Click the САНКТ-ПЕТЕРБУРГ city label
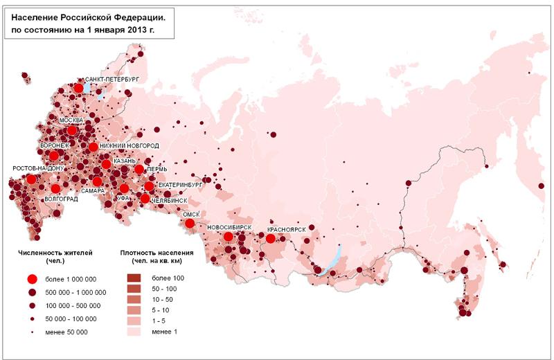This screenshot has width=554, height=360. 111,80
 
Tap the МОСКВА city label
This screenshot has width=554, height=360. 71,120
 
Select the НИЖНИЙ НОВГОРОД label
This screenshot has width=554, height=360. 129,146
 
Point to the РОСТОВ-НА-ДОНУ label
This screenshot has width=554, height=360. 38,168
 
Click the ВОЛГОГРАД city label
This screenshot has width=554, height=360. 60,199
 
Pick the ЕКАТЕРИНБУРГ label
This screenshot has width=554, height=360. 180,186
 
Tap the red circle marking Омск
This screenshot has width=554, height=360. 189,223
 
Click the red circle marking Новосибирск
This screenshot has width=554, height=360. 228,237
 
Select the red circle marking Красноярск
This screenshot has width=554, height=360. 271,238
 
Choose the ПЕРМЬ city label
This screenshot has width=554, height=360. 157,169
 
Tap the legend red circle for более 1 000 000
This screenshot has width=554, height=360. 31,279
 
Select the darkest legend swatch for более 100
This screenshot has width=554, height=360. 134,278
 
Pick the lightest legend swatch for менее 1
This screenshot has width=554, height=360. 134,332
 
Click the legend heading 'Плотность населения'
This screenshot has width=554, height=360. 156,253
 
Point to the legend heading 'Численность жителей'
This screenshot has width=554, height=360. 55,253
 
